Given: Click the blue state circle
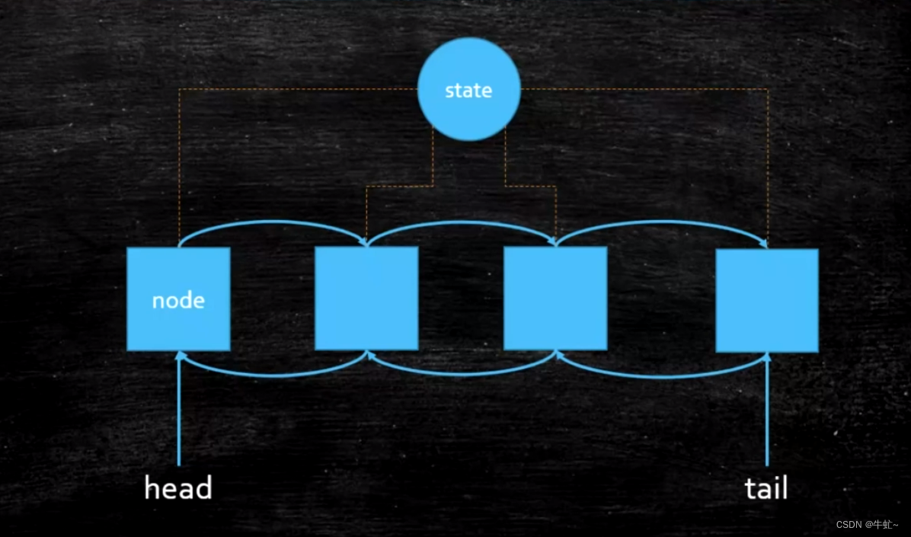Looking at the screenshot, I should point(468,89).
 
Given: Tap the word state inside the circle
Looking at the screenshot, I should point(468,91).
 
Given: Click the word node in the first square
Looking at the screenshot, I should point(178,300).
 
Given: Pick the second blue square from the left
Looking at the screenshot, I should point(366,298).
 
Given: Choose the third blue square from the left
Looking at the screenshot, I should point(555,298).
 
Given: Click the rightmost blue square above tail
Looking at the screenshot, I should point(767,300).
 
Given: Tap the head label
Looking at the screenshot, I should point(177,488).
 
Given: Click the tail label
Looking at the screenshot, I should point(766,488).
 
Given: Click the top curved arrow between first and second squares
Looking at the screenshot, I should point(273,223).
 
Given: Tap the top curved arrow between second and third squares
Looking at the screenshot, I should point(461,223).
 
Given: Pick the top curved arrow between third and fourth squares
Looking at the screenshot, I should point(661,223).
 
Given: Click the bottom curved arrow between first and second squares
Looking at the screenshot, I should point(273,374).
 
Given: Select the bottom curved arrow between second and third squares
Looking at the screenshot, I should point(461,374).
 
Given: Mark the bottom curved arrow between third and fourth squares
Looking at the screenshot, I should point(661,376).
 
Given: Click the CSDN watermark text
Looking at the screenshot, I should point(866,525).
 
